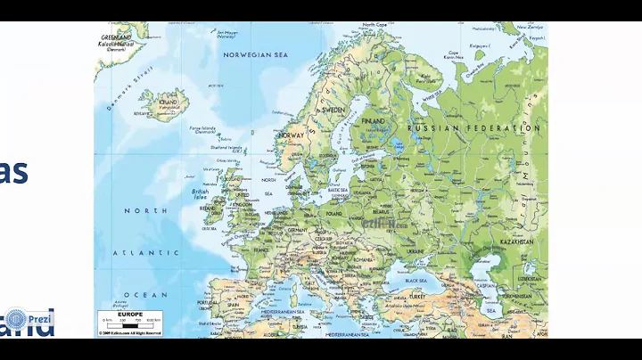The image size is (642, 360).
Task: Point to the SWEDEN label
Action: click(x=333, y=109)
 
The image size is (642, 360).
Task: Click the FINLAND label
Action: click(x=373, y=121)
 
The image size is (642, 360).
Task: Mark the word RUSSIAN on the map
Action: click(x=432, y=128)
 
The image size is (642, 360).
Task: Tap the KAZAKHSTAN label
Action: click(x=516, y=241)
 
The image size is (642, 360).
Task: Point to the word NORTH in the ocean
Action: click(x=144, y=210)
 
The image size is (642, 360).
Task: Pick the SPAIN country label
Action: click(x=234, y=305)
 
